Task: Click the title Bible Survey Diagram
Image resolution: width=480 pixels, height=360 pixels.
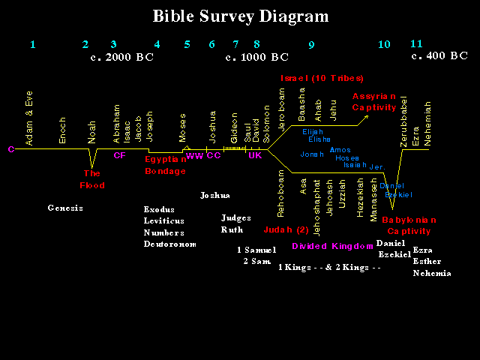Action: [x=240, y=16]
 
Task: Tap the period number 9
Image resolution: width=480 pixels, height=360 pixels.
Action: [x=311, y=45]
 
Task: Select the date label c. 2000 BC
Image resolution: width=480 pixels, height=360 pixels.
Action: [x=121, y=57]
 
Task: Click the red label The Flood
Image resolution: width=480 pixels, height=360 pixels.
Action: [x=92, y=180]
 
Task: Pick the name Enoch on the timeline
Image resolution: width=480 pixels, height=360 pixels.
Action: [x=62, y=130]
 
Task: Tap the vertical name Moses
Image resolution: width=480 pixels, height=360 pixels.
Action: [x=183, y=127]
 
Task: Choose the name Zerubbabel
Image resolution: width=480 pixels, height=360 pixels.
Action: [x=403, y=119]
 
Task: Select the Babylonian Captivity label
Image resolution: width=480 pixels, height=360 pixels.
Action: [x=409, y=225]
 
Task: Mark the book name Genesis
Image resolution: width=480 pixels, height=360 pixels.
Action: [x=65, y=208]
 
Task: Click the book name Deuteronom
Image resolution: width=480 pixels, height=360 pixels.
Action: [x=170, y=244]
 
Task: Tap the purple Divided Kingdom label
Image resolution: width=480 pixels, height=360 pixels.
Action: [x=332, y=246]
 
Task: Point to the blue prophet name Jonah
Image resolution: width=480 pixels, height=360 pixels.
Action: [x=312, y=154]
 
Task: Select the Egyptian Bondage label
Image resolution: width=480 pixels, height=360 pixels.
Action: [x=165, y=165]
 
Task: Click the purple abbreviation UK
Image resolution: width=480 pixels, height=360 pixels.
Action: [x=255, y=155]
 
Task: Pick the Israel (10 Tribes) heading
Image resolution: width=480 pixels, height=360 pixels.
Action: [x=322, y=78]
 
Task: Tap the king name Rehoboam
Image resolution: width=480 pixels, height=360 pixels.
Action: [x=281, y=193]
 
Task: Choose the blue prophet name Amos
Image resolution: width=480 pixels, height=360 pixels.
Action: [x=340, y=150]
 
